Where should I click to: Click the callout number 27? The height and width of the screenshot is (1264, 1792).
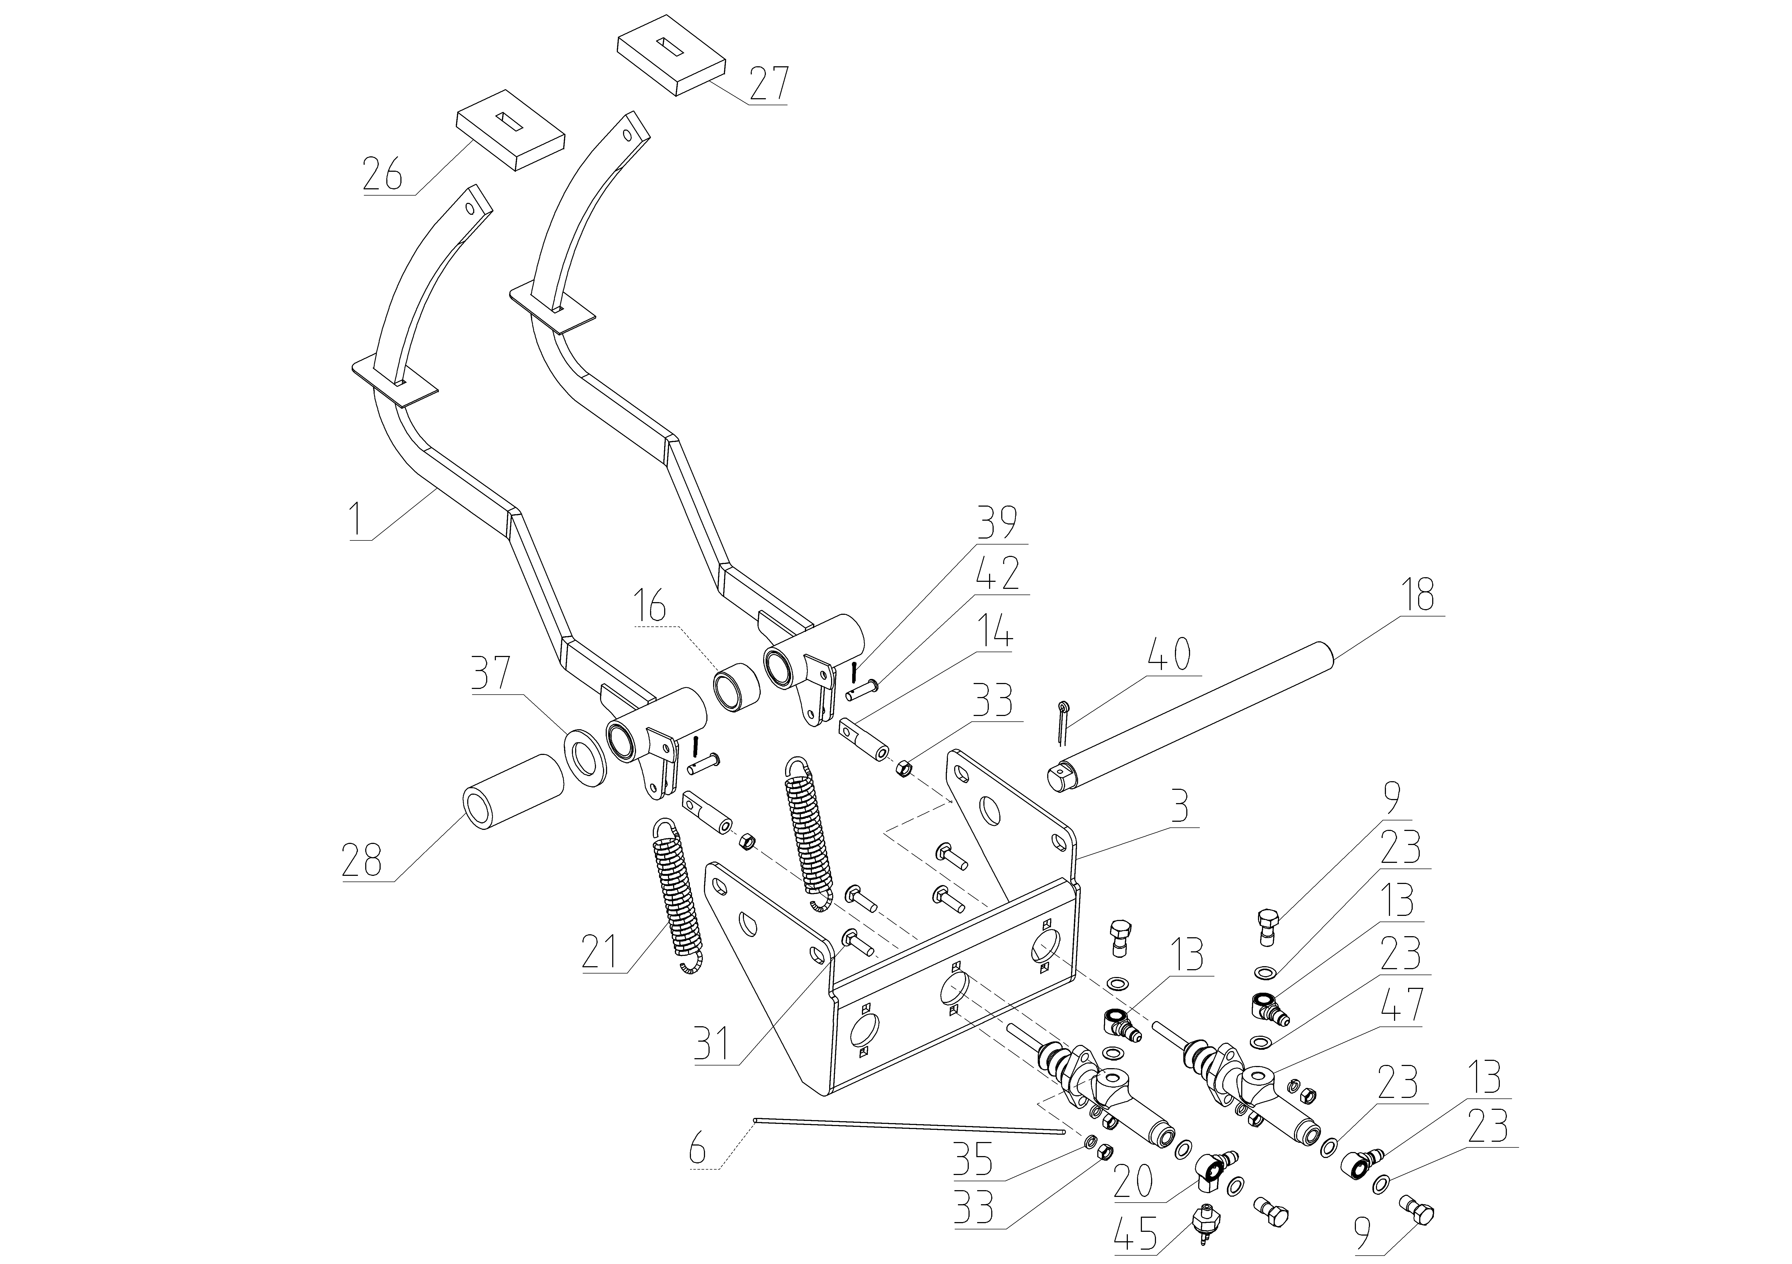(x=769, y=84)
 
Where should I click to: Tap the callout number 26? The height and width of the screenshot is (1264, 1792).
(x=383, y=173)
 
